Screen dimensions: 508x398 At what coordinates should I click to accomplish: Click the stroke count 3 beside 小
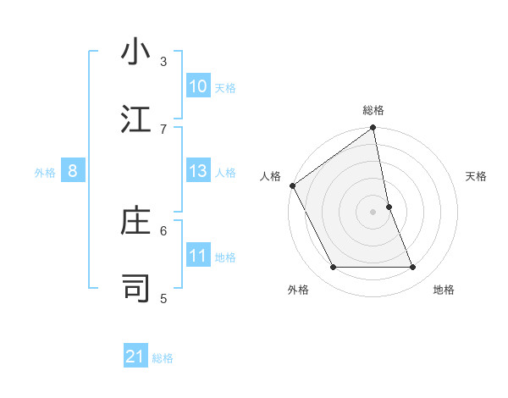pos(163,62)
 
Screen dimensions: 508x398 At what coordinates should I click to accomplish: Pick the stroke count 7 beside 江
pos(163,129)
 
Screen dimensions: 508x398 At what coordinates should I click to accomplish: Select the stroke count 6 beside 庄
pos(163,229)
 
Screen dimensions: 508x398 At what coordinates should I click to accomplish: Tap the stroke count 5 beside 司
pos(163,297)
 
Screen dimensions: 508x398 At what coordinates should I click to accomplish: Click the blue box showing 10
pos(198,86)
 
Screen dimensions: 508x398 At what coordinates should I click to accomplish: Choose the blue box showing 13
pos(198,171)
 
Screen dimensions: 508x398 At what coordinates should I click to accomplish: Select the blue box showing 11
pos(198,256)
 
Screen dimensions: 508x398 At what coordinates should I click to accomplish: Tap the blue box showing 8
pos(73,171)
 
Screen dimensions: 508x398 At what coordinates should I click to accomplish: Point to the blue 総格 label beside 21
pos(163,358)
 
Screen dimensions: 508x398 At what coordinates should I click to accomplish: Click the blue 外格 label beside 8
pos(45,173)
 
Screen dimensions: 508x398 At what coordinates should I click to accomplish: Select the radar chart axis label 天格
pos(477,176)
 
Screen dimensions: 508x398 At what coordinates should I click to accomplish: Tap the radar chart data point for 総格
pos(373,129)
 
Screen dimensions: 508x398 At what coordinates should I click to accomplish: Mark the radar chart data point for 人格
pos(292,185)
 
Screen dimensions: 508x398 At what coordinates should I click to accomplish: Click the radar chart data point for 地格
pos(413,268)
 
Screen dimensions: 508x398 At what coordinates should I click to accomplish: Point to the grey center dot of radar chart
pos(373,212)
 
